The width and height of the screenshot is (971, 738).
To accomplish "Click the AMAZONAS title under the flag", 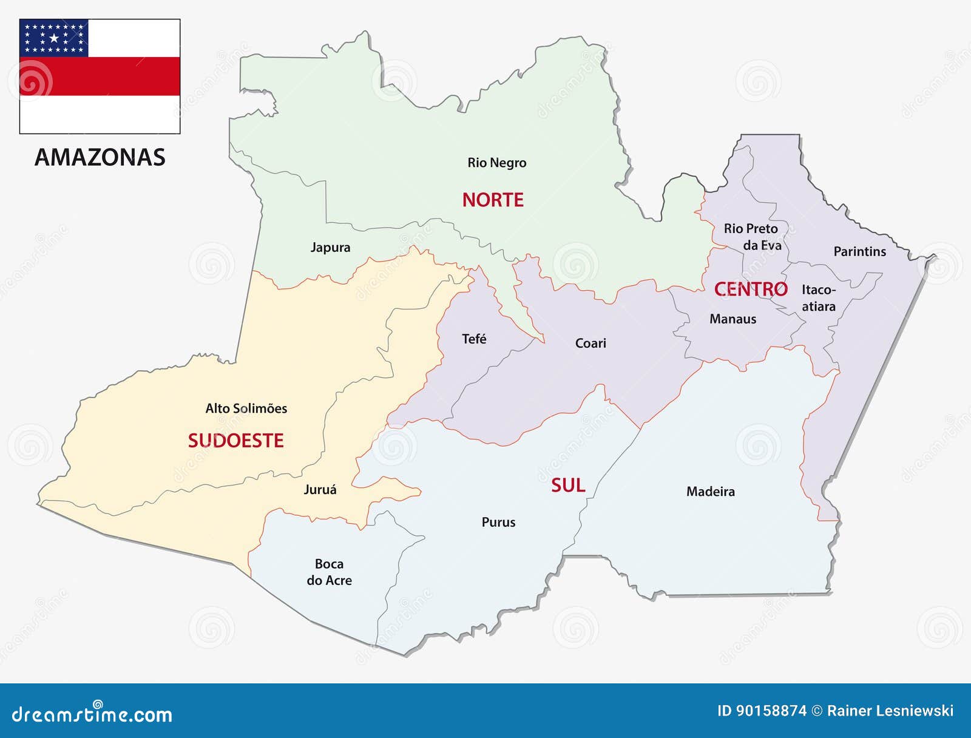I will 100,158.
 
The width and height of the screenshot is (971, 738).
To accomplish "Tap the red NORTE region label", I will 493,200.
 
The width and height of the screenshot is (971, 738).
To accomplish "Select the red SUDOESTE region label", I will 235,441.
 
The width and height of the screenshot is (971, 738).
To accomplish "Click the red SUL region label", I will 568,486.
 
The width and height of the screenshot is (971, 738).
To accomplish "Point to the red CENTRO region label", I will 751,289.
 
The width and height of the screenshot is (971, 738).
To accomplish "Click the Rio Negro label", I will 496,163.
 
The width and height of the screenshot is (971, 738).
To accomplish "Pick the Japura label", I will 330,248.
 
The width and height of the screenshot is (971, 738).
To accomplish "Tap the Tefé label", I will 474,339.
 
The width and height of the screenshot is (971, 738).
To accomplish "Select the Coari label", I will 590,344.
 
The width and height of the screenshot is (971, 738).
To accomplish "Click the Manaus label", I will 732,319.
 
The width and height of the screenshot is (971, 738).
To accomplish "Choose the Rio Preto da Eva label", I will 752,237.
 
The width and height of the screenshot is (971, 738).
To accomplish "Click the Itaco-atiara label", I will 819,298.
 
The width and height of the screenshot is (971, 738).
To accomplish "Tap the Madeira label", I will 710,492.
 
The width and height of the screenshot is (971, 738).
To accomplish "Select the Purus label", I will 498,523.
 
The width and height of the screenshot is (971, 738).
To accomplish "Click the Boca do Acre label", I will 329,572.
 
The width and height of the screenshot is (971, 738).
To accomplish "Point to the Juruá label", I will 320,490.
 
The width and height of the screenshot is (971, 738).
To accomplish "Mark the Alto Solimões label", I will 246,408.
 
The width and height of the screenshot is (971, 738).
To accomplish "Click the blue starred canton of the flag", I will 54,38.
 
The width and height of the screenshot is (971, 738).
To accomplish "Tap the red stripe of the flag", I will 100,76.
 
